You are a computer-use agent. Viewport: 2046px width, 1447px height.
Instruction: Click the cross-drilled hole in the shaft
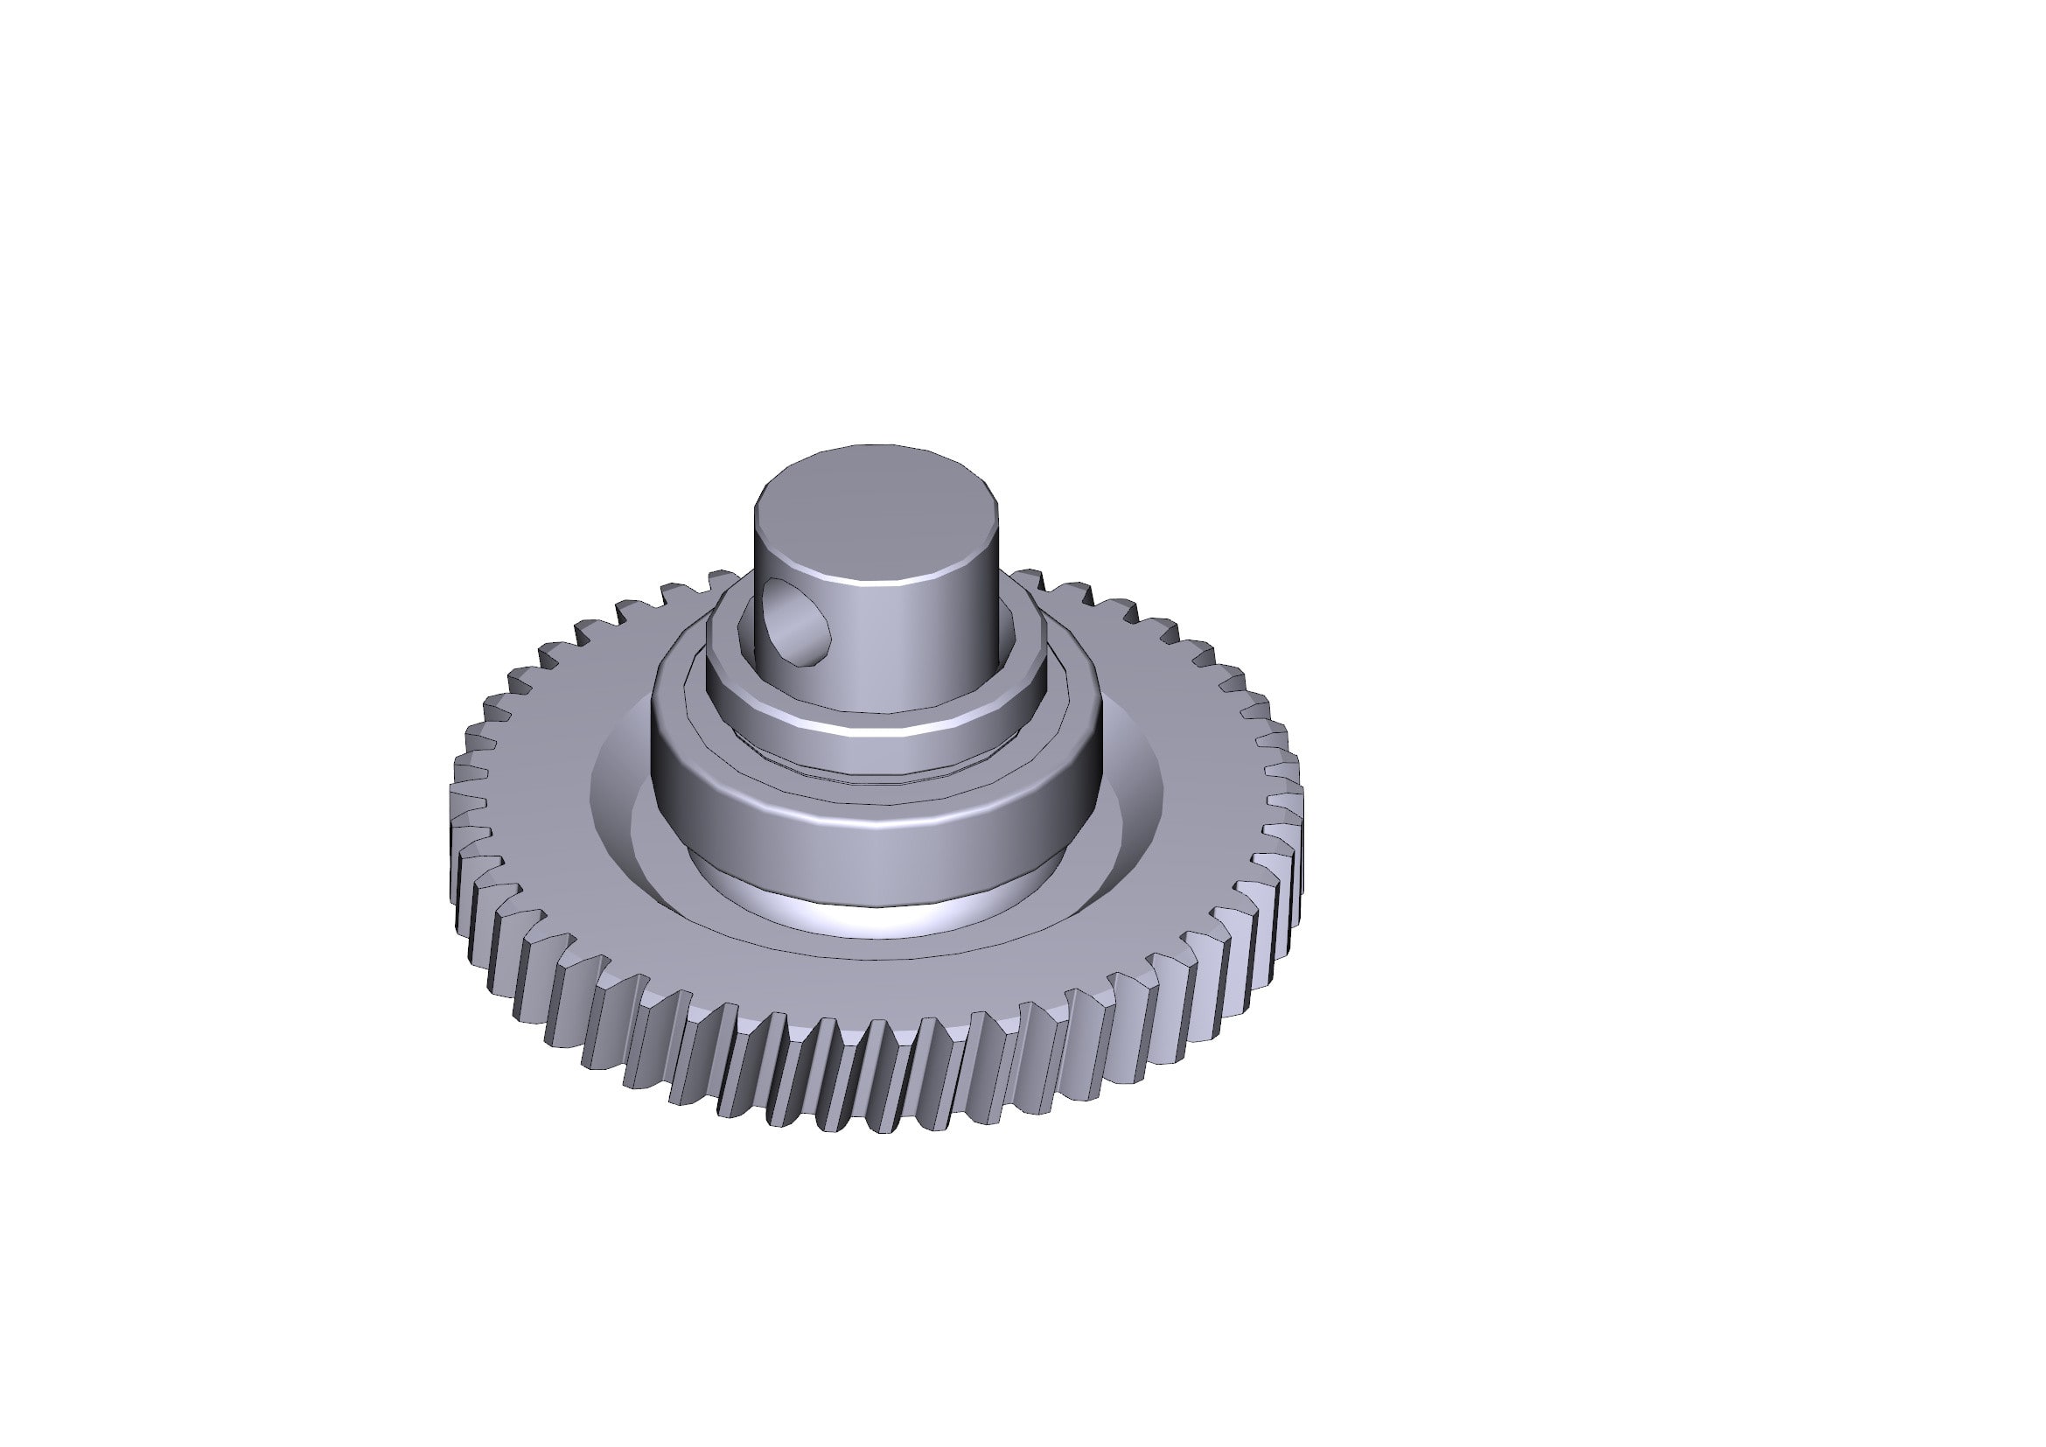(796, 621)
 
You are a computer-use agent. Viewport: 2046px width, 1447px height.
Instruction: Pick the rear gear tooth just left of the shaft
(722, 582)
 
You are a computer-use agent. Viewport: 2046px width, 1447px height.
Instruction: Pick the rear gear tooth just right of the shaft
(1030, 579)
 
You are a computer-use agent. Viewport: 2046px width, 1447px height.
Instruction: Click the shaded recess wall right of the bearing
(1136, 784)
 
